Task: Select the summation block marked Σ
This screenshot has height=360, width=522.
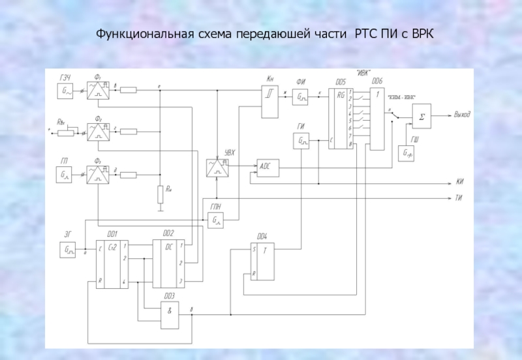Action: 421,117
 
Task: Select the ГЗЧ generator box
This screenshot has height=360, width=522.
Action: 67,92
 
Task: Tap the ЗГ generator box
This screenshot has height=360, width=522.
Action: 68,249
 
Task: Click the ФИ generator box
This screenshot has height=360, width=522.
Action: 301,98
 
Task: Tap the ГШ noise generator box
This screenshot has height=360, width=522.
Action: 409,153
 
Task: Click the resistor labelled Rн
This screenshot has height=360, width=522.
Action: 160,194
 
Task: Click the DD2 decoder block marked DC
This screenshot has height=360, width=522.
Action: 169,263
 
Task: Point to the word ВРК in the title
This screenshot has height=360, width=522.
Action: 422,33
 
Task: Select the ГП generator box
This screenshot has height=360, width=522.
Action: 67,174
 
